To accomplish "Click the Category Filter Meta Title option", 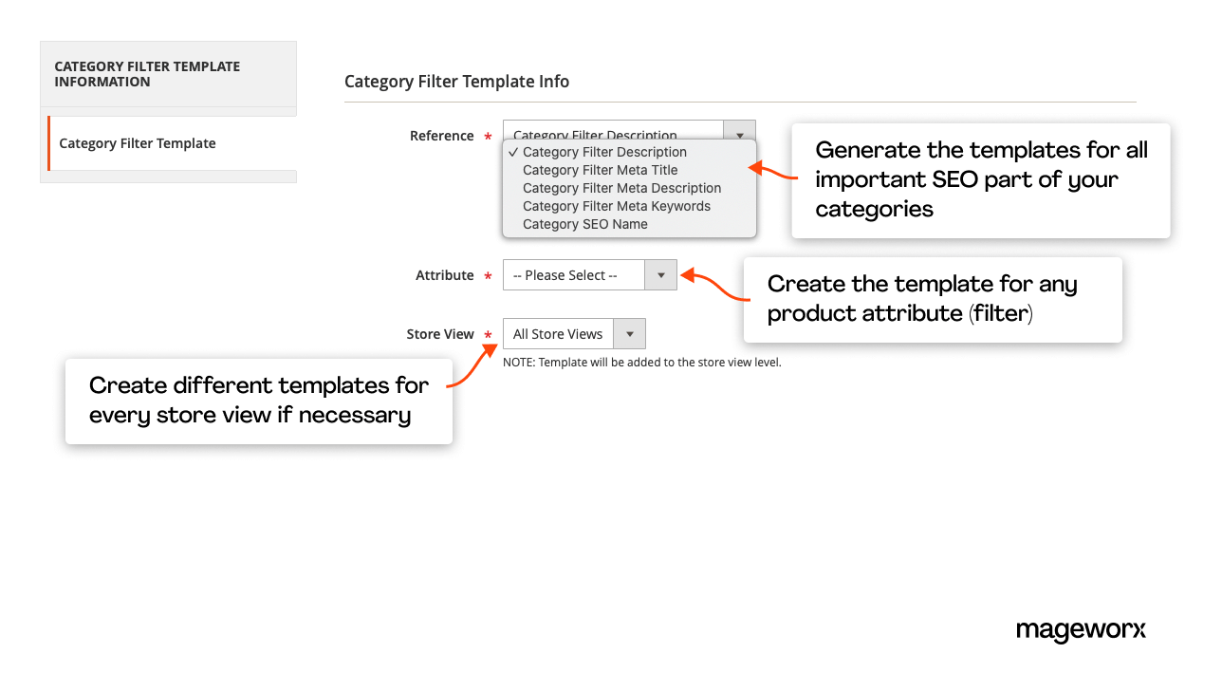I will (x=600, y=170).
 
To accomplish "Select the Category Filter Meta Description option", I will (x=621, y=188).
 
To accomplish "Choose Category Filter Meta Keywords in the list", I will (x=616, y=206).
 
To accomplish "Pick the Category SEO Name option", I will (x=584, y=224).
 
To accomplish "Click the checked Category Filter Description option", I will (x=604, y=152).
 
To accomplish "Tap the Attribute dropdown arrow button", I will (x=660, y=275).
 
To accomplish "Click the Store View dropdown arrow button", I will (x=629, y=334).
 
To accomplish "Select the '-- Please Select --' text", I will (x=565, y=275).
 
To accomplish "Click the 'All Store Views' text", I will (x=558, y=334).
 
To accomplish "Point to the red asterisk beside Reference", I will (x=488, y=138).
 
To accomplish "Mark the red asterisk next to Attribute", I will (x=488, y=277).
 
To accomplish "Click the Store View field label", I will (x=440, y=334).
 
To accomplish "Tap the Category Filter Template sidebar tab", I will (x=138, y=143).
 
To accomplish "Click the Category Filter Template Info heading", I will (x=456, y=82).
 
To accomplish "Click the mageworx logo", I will (x=1081, y=630).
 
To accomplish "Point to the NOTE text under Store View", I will (x=641, y=363).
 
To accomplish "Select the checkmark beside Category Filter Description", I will (x=513, y=152).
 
